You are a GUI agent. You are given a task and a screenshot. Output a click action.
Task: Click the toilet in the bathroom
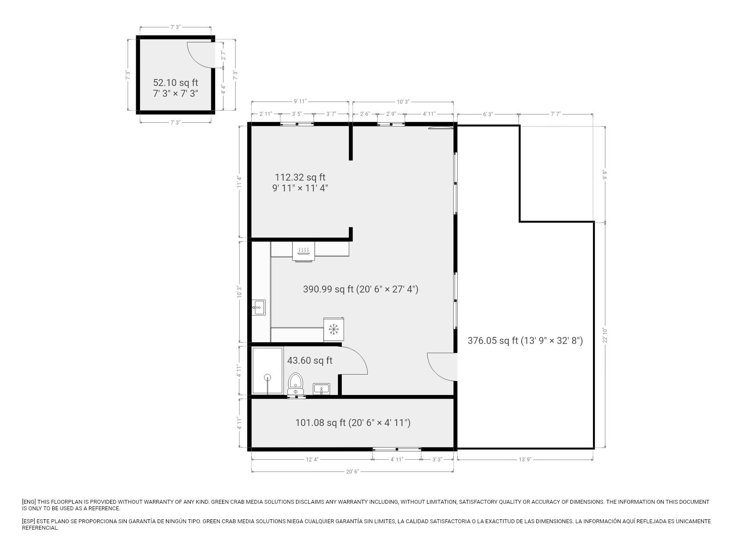click(296, 383)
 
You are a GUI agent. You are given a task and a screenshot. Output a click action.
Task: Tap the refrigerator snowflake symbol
click(333, 329)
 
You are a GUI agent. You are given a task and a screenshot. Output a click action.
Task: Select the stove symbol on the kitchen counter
click(303, 251)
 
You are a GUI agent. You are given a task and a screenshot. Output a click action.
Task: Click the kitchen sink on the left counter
click(259, 308)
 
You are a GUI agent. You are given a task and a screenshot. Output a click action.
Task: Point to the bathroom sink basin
click(322, 389)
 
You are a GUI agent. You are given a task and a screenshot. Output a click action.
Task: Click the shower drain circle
click(268, 377)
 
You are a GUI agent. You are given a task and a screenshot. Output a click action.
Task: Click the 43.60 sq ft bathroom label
click(310, 360)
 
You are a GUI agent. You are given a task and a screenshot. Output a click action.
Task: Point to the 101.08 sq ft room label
click(353, 423)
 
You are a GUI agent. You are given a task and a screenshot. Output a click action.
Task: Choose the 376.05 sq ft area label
click(525, 340)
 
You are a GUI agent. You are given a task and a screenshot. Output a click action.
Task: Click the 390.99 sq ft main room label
click(360, 289)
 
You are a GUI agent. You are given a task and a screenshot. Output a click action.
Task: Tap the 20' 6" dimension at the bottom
click(352, 471)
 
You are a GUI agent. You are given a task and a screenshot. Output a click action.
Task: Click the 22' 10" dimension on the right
click(605, 335)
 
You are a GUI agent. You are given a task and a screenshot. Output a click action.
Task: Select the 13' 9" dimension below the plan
click(525, 460)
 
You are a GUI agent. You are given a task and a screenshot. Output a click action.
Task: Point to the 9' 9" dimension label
click(605, 174)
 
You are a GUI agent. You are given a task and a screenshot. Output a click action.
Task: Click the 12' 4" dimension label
click(312, 460)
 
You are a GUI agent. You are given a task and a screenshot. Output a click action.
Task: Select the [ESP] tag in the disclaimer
click(29, 521)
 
